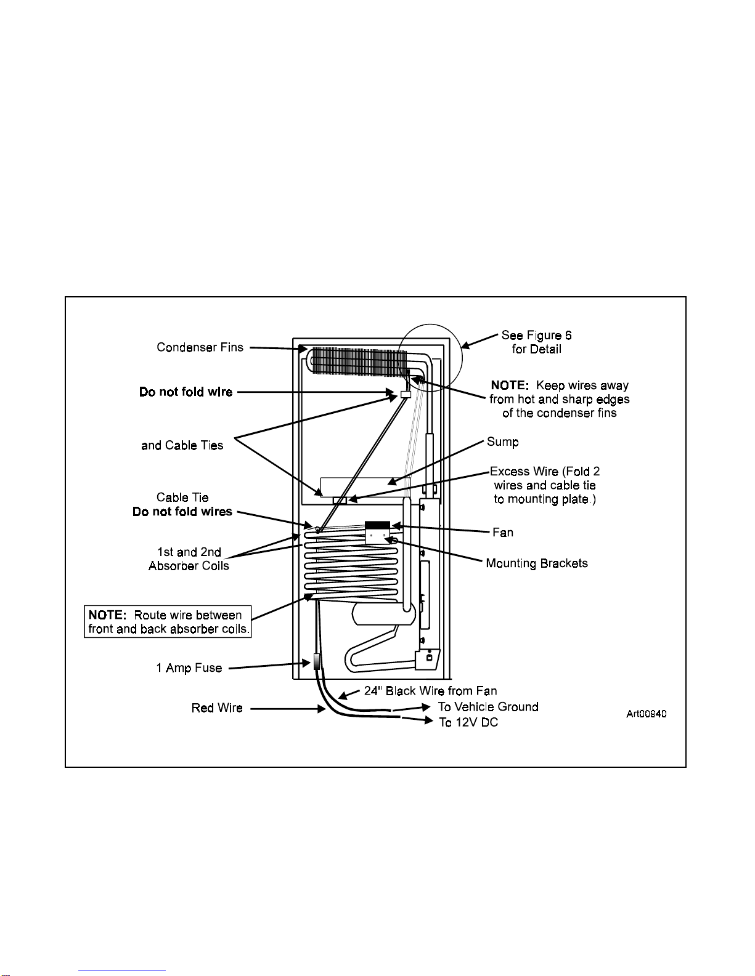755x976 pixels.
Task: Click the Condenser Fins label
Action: pyautogui.click(x=200, y=347)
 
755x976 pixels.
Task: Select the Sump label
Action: pyautogui.click(x=502, y=442)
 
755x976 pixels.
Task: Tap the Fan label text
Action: pyautogui.click(x=502, y=532)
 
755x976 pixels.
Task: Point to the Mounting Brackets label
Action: pyautogui.click(x=536, y=563)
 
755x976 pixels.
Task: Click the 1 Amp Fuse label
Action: pyautogui.click(x=189, y=667)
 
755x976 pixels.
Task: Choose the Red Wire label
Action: pyautogui.click(x=217, y=708)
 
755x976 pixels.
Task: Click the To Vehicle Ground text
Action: pyautogui.click(x=488, y=706)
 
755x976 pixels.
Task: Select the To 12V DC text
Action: pyautogui.click(x=468, y=722)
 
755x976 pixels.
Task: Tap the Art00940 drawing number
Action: pyautogui.click(x=646, y=714)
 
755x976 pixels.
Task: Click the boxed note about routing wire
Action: pyautogui.click(x=168, y=622)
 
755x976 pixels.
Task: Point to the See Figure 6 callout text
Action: pyautogui.click(x=536, y=342)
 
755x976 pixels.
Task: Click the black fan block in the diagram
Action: pyautogui.click(x=377, y=525)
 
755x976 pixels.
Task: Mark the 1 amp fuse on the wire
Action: pyautogui.click(x=317, y=662)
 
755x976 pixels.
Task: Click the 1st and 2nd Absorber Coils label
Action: pyautogui.click(x=189, y=559)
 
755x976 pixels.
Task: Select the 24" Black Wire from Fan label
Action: pyautogui.click(x=430, y=690)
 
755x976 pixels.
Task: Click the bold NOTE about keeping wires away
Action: pyautogui.click(x=559, y=398)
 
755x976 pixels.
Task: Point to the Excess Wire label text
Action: pyautogui.click(x=544, y=485)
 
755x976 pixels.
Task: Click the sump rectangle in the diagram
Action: pyautogui.click(x=365, y=486)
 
